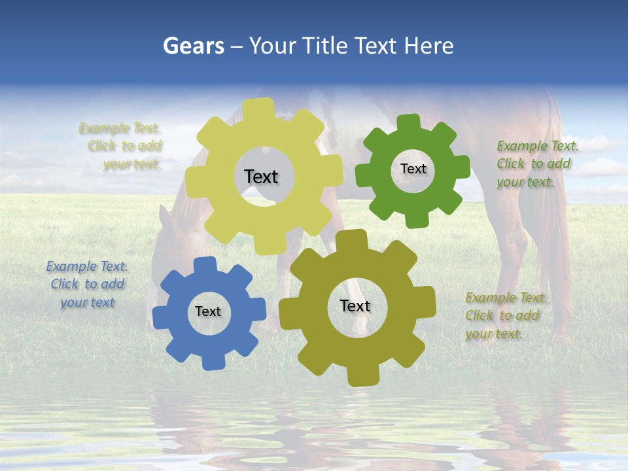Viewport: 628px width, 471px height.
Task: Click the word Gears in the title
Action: coord(193,46)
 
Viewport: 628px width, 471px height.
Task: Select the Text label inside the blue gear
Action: coord(208,311)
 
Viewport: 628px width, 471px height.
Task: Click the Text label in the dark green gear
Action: coord(413,169)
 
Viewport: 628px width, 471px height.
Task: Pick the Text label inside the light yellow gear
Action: coord(261,177)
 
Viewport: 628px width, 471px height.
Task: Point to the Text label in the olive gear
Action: coord(355,305)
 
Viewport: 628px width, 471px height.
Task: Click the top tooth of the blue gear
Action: coord(205,266)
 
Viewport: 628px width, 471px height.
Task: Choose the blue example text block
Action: coord(87,284)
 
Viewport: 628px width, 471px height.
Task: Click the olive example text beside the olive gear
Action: coord(506,316)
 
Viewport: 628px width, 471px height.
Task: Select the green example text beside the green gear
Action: coord(536,164)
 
